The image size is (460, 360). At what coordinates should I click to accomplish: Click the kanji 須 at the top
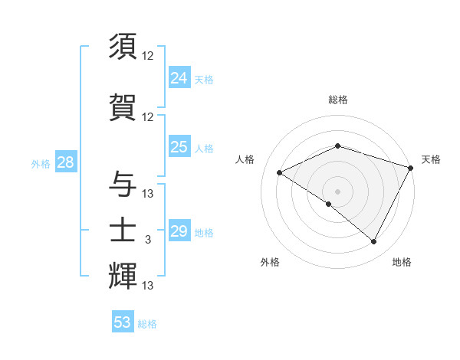point(123,47)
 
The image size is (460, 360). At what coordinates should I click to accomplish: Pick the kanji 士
point(123,229)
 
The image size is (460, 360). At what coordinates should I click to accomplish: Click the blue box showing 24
point(179,78)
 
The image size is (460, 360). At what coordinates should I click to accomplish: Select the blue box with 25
point(179,147)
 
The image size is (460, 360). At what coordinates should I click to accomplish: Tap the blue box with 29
point(179,231)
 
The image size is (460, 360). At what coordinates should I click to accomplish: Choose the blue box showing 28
point(65,162)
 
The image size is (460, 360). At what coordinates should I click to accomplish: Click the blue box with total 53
point(123,322)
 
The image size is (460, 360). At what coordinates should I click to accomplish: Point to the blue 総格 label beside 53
point(147,324)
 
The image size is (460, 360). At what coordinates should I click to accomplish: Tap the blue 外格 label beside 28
point(40,163)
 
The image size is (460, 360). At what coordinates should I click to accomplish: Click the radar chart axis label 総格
point(338,100)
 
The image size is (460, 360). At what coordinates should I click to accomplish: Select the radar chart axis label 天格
point(432,159)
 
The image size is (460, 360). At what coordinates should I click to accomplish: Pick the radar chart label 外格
point(270,262)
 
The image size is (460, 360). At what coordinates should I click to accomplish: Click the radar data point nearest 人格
point(280,173)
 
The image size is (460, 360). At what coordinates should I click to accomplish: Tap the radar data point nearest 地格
point(374,242)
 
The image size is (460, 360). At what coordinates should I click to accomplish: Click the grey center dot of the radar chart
point(337,191)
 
